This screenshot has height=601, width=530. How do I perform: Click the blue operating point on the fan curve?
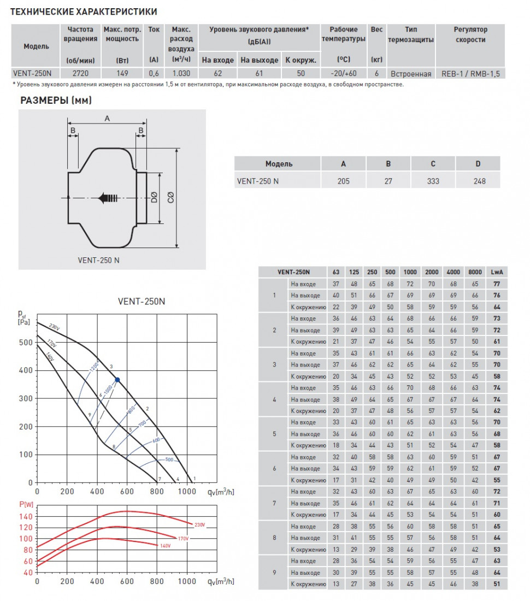tap(117, 379)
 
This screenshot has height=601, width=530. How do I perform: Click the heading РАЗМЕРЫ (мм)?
tap(56, 100)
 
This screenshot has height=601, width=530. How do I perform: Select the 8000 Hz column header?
tap(475, 272)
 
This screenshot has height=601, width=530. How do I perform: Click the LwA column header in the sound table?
tap(497, 272)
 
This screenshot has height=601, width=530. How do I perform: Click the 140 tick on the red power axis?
tap(26, 516)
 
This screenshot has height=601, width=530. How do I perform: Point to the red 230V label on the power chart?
tap(200, 525)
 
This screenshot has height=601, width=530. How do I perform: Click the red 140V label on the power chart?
tap(165, 545)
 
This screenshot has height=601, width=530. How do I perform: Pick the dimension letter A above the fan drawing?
tap(107, 119)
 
